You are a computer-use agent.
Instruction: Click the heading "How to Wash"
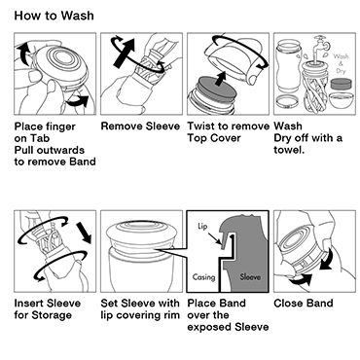(x=54, y=16)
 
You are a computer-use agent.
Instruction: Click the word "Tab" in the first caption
(x=40, y=138)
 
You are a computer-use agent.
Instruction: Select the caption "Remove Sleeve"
(x=140, y=126)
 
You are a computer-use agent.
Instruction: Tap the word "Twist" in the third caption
(x=199, y=126)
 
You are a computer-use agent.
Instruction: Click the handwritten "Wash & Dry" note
(x=341, y=63)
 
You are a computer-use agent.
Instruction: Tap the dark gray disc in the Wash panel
(x=342, y=85)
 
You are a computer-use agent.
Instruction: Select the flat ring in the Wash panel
(x=286, y=102)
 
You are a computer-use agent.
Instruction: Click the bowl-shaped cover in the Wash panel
(x=342, y=101)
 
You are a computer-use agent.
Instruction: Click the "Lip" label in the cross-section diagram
(x=202, y=226)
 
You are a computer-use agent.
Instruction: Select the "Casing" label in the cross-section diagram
(x=203, y=277)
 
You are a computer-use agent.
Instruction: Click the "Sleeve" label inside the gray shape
(x=250, y=277)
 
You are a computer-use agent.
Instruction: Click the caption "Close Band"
(x=304, y=304)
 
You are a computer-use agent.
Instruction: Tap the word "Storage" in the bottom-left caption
(x=51, y=315)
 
